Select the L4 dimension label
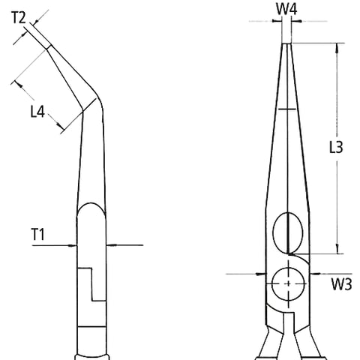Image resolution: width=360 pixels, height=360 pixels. point(38,112)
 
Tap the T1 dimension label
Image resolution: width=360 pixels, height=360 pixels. point(38,235)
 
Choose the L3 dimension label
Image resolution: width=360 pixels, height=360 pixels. point(336,148)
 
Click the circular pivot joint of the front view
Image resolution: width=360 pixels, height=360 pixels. point(287,283)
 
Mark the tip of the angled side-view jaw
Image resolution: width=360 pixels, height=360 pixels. point(48,46)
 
